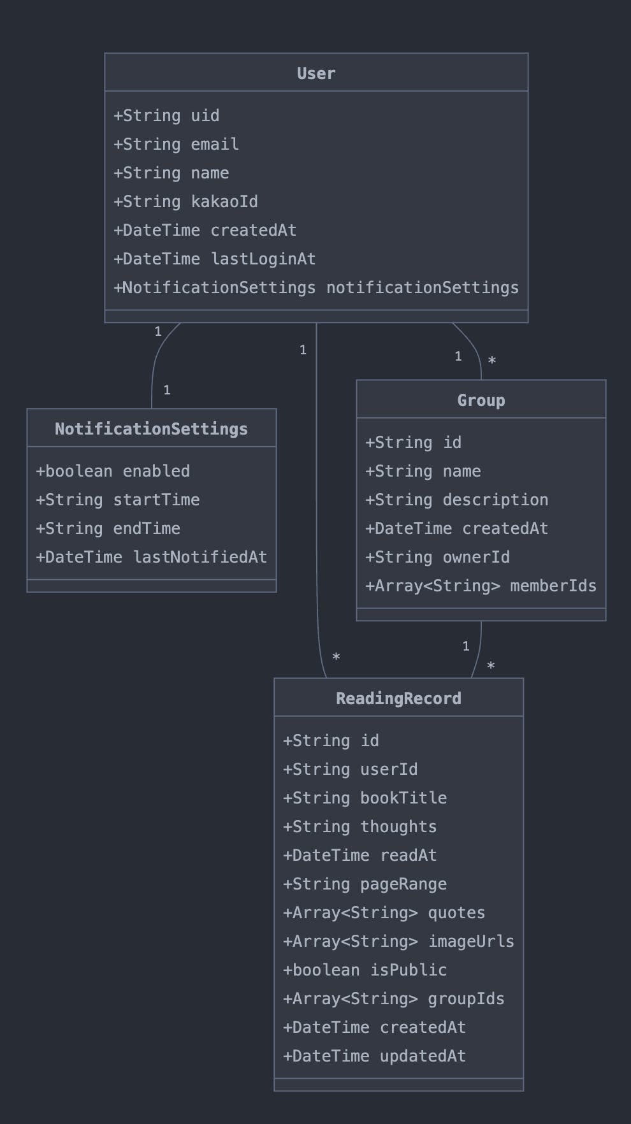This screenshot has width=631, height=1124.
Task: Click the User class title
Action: (x=316, y=73)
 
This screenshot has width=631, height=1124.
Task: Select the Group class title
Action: (x=481, y=400)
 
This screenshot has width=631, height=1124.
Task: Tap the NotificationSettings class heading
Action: (x=151, y=429)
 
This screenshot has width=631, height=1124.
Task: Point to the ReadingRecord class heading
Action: (x=398, y=698)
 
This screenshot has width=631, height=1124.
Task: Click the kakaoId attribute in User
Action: (x=185, y=201)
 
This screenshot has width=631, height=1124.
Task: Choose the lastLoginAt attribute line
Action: (x=214, y=259)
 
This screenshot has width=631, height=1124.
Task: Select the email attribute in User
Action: (x=176, y=144)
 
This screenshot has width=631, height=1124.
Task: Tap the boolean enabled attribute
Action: (x=113, y=471)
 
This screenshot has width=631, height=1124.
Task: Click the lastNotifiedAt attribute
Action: (x=151, y=557)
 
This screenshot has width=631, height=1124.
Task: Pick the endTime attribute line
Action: (x=108, y=528)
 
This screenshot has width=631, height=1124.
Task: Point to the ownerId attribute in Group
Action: (x=437, y=557)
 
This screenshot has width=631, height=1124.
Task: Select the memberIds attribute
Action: (x=481, y=586)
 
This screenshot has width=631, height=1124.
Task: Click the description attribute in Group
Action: (x=456, y=500)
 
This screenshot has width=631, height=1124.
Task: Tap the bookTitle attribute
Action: (x=365, y=798)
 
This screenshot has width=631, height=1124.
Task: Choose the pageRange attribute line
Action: (x=365, y=884)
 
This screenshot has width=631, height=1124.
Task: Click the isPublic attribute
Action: (x=365, y=970)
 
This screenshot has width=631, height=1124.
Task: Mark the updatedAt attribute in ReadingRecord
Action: (x=374, y=1056)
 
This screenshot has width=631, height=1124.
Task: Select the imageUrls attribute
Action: (x=398, y=941)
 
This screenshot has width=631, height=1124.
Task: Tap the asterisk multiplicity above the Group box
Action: (x=491, y=361)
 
